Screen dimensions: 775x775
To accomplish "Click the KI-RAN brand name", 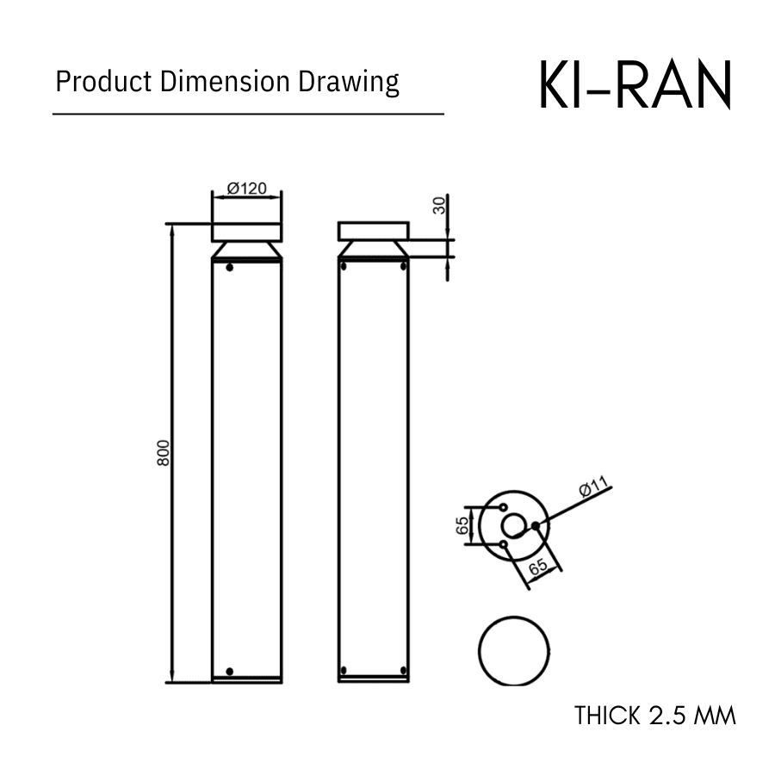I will coord(635,85).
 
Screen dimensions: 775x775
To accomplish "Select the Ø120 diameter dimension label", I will coord(246,189).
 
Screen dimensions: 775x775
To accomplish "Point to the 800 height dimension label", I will coord(164,453).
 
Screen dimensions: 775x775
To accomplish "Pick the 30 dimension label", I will coord(439,205).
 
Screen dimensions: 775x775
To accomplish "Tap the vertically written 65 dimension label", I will coord(463,525).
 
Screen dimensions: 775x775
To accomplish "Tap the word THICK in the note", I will coord(607,716).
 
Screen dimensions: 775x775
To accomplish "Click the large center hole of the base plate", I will coord(514,525).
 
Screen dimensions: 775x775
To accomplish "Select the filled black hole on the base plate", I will coord(536,524).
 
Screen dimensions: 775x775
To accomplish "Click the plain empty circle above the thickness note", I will coord(514,650).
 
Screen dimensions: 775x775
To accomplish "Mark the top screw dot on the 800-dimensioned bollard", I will coord(229,268).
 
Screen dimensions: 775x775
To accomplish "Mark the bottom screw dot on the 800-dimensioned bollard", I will coord(229,671).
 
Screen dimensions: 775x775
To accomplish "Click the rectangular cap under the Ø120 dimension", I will coord(246,232).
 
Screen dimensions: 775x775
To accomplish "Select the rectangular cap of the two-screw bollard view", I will coord(373,231).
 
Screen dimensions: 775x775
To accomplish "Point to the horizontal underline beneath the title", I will coord(248,114).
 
